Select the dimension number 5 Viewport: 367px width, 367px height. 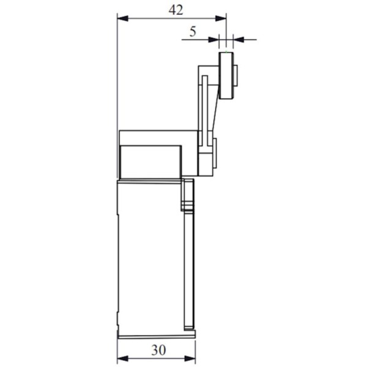(193, 32)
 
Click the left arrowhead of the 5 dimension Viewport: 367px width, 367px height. (214, 40)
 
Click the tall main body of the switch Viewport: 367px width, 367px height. (150, 257)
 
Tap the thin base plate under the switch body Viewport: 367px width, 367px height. (156, 335)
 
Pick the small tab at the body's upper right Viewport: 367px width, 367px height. (188, 195)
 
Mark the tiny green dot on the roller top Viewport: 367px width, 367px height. (227, 53)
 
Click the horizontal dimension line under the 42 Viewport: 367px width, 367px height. (171, 19)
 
